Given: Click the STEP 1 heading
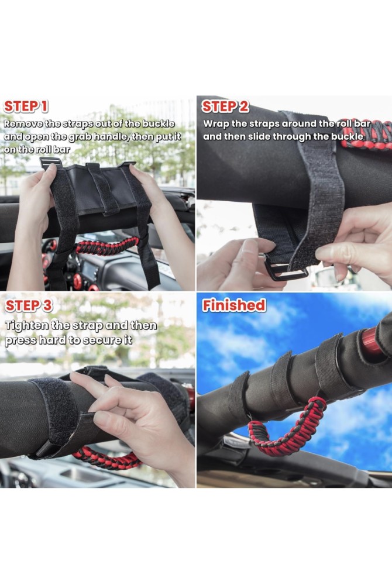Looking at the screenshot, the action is pos(26,106).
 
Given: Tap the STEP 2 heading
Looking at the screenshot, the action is pos(225,106).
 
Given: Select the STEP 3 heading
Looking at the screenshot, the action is pos(29,306).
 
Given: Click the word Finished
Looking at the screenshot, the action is pos(234,305).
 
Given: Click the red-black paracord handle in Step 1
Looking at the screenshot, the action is pos(108,246).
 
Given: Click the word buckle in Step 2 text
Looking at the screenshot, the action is pos(347,136).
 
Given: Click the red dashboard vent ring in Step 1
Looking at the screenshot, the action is pos(77,282).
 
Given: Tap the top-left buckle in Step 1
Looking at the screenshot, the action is pos(50,163).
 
